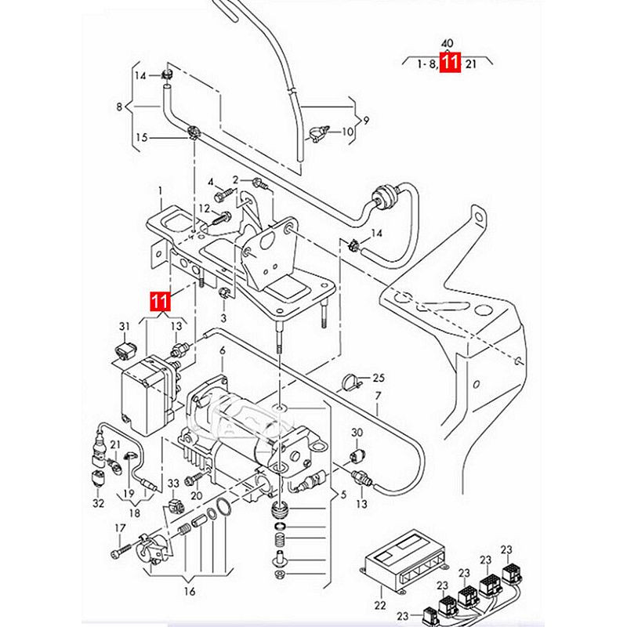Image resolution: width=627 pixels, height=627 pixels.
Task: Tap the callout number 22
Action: tap(381, 605)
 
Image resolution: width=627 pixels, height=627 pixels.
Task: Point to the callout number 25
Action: tap(379, 378)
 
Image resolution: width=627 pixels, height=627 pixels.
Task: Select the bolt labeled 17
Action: tap(118, 552)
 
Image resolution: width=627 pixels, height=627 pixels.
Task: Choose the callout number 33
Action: tap(173, 483)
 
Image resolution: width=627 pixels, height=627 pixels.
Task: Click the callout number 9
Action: tap(366, 120)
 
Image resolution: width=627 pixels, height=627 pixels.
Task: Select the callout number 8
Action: tap(120, 107)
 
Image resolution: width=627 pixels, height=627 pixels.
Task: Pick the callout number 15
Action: tap(142, 137)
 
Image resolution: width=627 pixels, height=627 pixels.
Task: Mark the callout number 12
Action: tap(204, 208)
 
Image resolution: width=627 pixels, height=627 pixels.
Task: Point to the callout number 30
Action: tap(357, 433)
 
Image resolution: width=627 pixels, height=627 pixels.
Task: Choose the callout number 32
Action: tap(98, 503)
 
